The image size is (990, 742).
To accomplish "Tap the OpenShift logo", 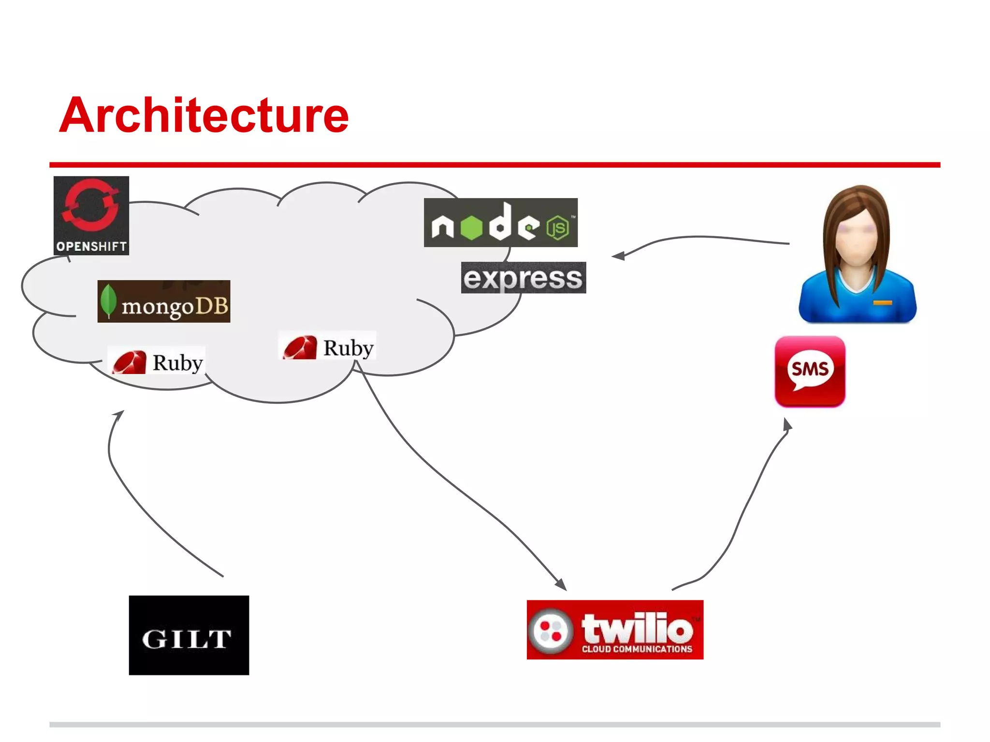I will click(91, 215).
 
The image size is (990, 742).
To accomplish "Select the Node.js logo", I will click(500, 223).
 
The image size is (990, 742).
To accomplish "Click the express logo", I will click(524, 278).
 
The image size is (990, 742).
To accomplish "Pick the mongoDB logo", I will click(164, 301).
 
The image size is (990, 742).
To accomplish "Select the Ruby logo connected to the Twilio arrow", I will click(328, 347).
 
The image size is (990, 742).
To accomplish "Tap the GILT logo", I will click(189, 635).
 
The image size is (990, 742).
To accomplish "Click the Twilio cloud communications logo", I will click(615, 629).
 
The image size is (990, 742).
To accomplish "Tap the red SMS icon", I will click(810, 371).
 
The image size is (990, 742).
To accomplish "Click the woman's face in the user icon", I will click(857, 237).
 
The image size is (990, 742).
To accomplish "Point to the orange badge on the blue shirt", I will click(882, 303).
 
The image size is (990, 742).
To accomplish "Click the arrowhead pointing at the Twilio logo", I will click(562, 585).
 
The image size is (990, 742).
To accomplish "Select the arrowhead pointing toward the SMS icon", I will click(787, 425).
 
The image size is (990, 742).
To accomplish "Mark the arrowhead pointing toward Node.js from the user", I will click(618, 256).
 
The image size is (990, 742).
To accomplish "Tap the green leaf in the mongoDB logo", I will click(108, 300).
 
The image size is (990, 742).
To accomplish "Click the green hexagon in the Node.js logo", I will click(471, 227).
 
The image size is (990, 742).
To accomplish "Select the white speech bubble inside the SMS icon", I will click(810, 370).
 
